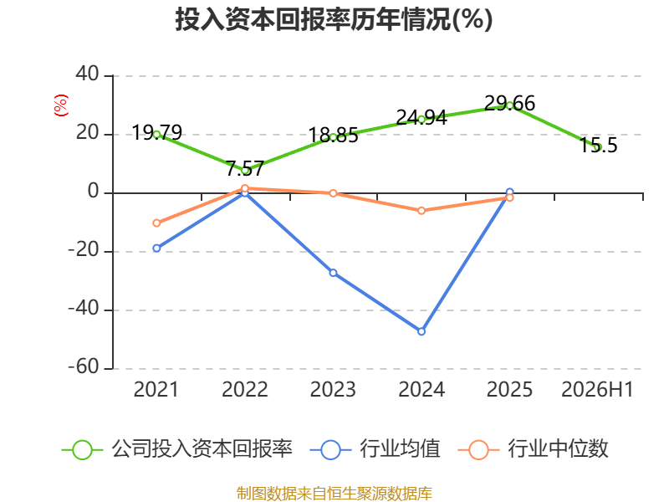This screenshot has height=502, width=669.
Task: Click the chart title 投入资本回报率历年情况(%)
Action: pos(334,19)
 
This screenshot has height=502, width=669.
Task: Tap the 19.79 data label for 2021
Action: pos(157,132)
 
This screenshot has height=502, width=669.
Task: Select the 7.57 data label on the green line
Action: pos(245,168)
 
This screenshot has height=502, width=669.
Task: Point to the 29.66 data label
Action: pos(509,103)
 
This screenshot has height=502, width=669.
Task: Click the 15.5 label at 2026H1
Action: pos(598,145)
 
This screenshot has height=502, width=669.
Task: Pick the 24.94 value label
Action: pos(421,117)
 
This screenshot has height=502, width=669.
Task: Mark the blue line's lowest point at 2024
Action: pos(421,331)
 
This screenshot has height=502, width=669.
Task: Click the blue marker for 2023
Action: pos(333,273)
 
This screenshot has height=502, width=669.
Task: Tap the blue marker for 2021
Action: pos(156,248)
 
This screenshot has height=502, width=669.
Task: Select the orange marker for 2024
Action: pos(421,211)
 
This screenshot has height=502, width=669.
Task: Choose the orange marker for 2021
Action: pos(156,223)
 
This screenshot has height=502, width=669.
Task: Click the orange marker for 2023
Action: pos(333,193)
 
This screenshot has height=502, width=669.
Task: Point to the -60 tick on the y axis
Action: pos(84,366)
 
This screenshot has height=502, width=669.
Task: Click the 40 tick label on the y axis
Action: pos(88,74)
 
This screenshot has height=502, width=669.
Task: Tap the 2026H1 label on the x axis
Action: pos(597,389)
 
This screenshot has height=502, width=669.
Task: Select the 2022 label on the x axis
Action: pos(245,389)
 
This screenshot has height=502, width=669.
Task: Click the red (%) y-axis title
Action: pos(60,105)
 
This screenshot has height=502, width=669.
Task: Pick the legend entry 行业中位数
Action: pos(534,449)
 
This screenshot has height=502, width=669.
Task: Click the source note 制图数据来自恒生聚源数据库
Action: pos(334,494)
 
